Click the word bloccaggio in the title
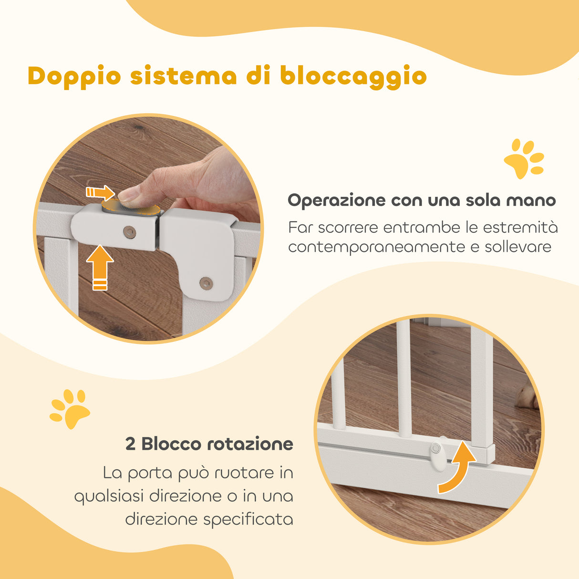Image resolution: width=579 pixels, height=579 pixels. tap(353, 77)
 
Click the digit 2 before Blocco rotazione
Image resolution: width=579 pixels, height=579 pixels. tap(130, 445)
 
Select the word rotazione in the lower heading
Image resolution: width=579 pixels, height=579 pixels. tap(250, 445)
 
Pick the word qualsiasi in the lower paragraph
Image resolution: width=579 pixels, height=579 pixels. tap(109, 496)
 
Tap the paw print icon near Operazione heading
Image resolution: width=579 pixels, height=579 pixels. tap(523, 159)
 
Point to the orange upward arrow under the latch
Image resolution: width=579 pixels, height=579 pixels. tap(100, 267)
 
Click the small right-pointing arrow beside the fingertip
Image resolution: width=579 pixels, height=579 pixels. tap(100, 193)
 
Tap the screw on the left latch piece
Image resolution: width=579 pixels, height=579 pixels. tap(129, 232)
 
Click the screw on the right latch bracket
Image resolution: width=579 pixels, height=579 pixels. tap(206, 282)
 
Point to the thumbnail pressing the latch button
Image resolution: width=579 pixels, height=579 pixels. tap(127, 194)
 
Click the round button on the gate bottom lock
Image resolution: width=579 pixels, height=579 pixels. tap(436, 448)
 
